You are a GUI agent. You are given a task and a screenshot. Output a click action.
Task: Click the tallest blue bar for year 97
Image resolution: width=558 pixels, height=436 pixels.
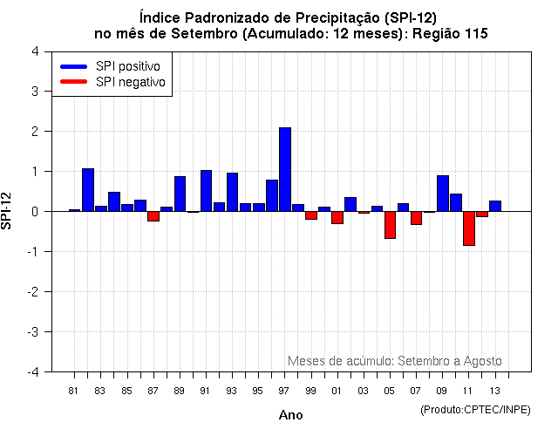click(285, 169)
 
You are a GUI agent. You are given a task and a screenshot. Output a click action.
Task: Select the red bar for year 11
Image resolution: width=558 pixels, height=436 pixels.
click(468, 228)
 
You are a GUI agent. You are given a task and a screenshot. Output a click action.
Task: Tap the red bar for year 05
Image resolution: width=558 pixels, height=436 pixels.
click(390, 225)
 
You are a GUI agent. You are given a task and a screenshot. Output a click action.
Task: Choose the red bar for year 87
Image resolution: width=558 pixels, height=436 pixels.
click(153, 216)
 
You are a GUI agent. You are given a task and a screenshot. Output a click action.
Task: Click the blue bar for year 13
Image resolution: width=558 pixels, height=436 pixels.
click(494, 206)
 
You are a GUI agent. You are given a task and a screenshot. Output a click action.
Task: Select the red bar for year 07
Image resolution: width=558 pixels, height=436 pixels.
click(416, 218)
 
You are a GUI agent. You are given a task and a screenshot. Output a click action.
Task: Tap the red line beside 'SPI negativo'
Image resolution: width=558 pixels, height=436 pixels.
click(74, 82)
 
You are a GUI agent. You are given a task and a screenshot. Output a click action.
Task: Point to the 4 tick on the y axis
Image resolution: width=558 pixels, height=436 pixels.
click(34, 51)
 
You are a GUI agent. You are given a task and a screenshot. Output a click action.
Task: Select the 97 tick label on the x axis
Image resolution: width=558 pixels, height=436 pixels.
click(284, 390)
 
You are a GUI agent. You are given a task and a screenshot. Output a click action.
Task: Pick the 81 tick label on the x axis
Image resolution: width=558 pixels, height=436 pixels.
click(74, 390)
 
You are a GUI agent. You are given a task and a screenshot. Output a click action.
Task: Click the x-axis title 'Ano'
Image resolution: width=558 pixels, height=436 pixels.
click(290, 415)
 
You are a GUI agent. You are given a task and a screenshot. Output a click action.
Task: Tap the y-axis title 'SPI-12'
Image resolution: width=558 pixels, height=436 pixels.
click(8, 211)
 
